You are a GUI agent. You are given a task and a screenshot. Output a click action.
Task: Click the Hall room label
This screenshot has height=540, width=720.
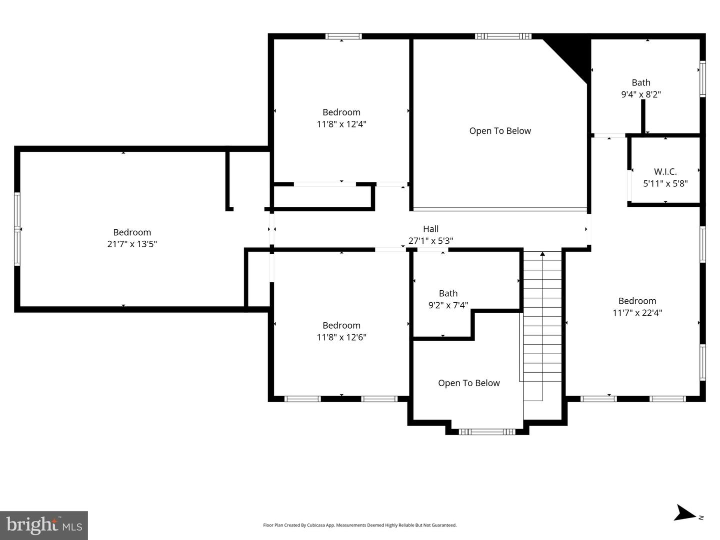pyautogui.click(x=430, y=229)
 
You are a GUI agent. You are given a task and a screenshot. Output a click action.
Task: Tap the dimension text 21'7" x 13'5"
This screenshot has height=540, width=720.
pyautogui.click(x=132, y=244)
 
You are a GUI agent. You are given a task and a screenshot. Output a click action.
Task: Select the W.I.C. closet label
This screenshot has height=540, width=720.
pyautogui.click(x=665, y=171)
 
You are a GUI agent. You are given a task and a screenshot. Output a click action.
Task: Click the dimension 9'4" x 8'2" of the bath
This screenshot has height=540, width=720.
pyautogui.click(x=640, y=94)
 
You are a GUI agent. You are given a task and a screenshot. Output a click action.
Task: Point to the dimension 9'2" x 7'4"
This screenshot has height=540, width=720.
pyautogui.click(x=448, y=305)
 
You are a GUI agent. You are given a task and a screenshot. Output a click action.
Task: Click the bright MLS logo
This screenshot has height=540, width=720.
pyautogui.click(x=44, y=525)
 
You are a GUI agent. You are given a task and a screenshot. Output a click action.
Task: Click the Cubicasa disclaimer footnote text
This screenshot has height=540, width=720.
pyautogui.click(x=359, y=525)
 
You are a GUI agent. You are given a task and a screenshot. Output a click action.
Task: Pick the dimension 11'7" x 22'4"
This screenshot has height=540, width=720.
pyautogui.click(x=637, y=313)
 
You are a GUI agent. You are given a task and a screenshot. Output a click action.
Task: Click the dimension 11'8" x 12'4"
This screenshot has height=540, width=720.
pyautogui.click(x=341, y=124)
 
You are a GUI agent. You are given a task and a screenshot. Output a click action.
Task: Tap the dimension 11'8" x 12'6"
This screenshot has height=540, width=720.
pyautogui.click(x=341, y=337)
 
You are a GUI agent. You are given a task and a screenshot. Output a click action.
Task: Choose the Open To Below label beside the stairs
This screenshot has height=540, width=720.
pyautogui.click(x=468, y=383)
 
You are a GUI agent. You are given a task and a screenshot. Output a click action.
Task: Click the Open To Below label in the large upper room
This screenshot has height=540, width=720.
pyautogui.click(x=500, y=131)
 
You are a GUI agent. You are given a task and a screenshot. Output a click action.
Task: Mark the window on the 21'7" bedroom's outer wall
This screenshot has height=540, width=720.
pyautogui.click(x=17, y=229)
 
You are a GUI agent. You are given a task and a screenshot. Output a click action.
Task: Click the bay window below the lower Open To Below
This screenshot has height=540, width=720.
pyautogui.click(x=486, y=432)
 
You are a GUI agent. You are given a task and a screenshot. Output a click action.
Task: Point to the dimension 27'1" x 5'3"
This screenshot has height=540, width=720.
pyautogui.click(x=430, y=241)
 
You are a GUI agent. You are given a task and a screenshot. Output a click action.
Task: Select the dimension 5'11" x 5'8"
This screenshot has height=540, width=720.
pyautogui.click(x=665, y=183)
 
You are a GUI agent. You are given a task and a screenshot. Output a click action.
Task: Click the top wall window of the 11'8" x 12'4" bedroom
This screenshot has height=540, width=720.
pyautogui.click(x=343, y=36)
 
